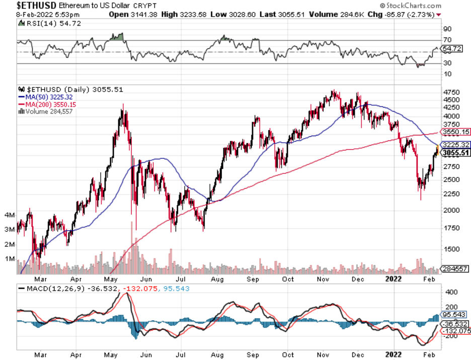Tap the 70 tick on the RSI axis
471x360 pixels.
pos(447,40)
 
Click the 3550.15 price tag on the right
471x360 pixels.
pos(456,132)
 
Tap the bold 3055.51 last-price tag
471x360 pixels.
pos(456,153)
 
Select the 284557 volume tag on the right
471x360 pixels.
pos(456,268)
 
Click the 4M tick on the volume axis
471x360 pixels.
pos(9,215)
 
